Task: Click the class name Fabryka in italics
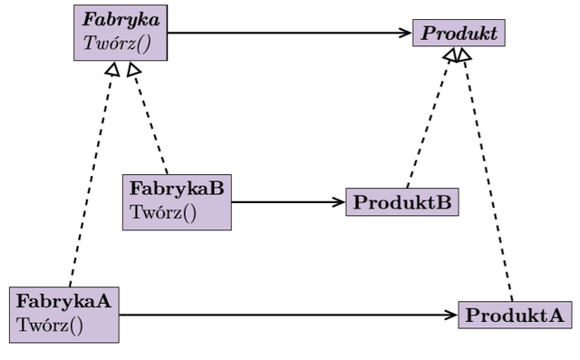point(121,20)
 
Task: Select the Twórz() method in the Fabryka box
point(117,44)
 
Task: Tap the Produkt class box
point(459,33)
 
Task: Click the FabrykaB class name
point(177,189)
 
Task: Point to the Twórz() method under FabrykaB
point(163,213)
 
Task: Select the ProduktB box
point(402,202)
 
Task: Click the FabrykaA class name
point(63,301)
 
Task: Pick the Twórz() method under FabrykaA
point(50,326)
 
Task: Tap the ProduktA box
point(515,315)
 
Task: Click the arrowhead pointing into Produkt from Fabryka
point(406,33)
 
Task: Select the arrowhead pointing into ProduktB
point(339,202)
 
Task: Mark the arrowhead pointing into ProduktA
point(451,316)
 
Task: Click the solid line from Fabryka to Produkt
point(290,33)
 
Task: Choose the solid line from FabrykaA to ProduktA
point(288,316)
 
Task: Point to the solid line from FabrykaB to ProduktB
point(288,202)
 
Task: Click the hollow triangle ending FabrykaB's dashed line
point(133,69)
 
